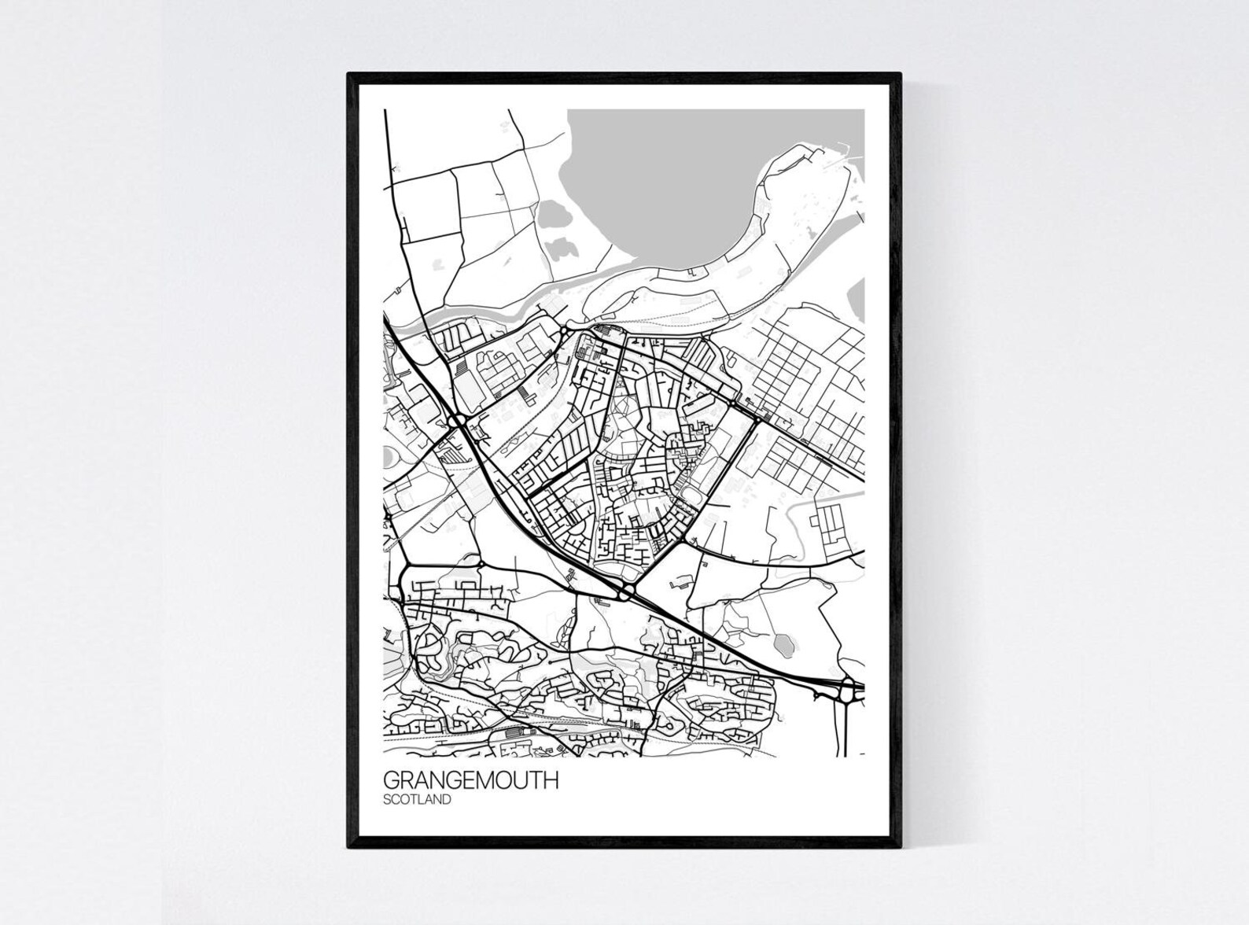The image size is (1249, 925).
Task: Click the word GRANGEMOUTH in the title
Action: pyautogui.click(x=470, y=781)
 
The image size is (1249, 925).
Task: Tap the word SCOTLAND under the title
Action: pyautogui.click(x=417, y=800)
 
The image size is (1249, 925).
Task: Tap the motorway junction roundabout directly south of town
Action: pyautogui.click(x=627, y=592)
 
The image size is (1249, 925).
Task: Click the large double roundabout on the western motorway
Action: pyautogui.click(x=459, y=422)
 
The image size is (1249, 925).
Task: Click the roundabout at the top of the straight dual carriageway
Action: pyautogui.click(x=757, y=418)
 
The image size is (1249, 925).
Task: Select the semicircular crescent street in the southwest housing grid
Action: pyautogui.click(x=429, y=647)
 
